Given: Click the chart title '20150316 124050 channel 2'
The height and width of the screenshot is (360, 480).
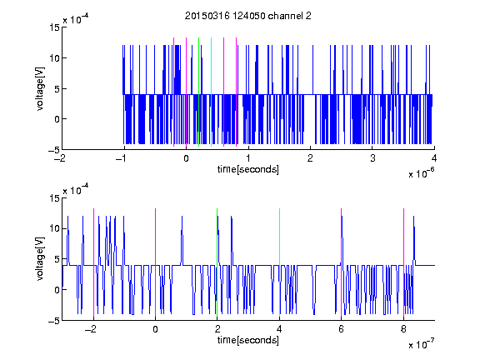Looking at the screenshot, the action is [x=248, y=16].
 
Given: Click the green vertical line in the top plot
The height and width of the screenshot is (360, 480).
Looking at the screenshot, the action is [x=199, y=92].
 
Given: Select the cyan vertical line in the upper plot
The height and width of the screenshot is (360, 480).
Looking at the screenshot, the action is [x=211, y=92].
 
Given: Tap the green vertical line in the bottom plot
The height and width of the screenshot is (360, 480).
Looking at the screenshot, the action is [x=217, y=262].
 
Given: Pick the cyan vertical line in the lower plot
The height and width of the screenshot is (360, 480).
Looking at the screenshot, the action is [x=279, y=262].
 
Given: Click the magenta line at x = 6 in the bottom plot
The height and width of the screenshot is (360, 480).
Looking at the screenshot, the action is [x=342, y=262].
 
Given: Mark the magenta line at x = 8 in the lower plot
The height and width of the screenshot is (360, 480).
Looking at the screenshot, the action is [x=404, y=262].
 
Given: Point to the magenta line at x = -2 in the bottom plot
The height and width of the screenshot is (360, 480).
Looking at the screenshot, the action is [x=93, y=262].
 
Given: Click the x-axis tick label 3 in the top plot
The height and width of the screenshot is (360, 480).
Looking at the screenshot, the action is [x=372, y=158].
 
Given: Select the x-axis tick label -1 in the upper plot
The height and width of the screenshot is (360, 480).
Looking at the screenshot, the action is [x=122, y=158].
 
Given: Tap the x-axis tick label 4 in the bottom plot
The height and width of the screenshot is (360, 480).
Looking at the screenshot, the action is [x=279, y=329].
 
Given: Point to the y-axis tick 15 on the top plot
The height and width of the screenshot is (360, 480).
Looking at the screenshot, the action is [x=54, y=27].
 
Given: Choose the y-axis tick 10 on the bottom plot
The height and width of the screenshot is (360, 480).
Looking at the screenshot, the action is [x=54, y=228].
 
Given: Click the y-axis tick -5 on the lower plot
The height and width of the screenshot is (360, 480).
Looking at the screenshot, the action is [x=54, y=321].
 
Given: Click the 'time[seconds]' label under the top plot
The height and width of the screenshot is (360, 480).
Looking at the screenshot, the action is [x=248, y=169].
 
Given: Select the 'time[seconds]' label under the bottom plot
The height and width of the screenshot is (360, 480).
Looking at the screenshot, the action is [x=248, y=340].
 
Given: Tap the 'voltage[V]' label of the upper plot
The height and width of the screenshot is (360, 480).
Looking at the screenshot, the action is [x=40, y=88].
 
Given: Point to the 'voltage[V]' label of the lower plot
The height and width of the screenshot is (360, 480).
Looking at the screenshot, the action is [x=40, y=259].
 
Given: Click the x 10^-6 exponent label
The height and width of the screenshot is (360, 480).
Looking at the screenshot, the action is [x=421, y=173].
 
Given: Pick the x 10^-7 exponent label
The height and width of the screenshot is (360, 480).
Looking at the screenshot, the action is [x=421, y=344].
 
